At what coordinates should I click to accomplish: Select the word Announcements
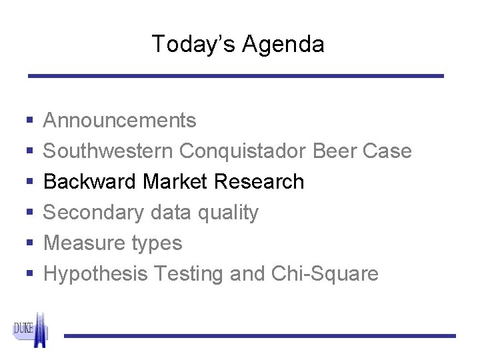120,121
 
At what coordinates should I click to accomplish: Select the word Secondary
92,213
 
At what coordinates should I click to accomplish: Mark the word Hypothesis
96,275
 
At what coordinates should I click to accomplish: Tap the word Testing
192,275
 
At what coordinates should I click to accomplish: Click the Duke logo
31,331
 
